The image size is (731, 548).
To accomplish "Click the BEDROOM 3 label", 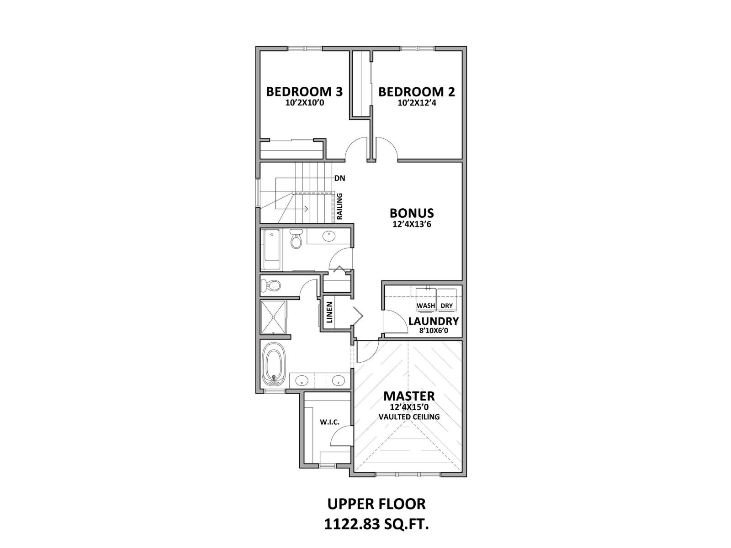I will (x=304, y=92).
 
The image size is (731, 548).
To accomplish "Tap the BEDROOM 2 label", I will (x=417, y=92).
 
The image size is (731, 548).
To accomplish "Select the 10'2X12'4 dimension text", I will (x=417, y=103).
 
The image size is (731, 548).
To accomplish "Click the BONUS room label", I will (x=412, y=213).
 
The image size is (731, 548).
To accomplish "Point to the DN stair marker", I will (x=339, y=178).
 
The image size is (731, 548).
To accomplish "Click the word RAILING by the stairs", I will (x=340, y=207).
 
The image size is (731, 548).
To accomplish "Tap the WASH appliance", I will (x=426, y=306).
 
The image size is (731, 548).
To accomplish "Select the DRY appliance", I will (x=446, y=306).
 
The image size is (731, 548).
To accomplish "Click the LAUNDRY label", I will (x=433, y=321).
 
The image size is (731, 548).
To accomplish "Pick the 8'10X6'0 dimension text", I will (x=433, y=331).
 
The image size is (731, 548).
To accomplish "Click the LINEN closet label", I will (x=329, y=312).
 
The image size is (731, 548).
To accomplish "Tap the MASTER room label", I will (x=409, y=396).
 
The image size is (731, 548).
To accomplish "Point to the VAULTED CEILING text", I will (x=409, y=417).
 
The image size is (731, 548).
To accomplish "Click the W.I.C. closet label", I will (x=329, y=422).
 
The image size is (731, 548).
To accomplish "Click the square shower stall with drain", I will (x=273, y=316).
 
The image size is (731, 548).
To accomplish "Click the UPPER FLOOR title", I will (x=376, y=504).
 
